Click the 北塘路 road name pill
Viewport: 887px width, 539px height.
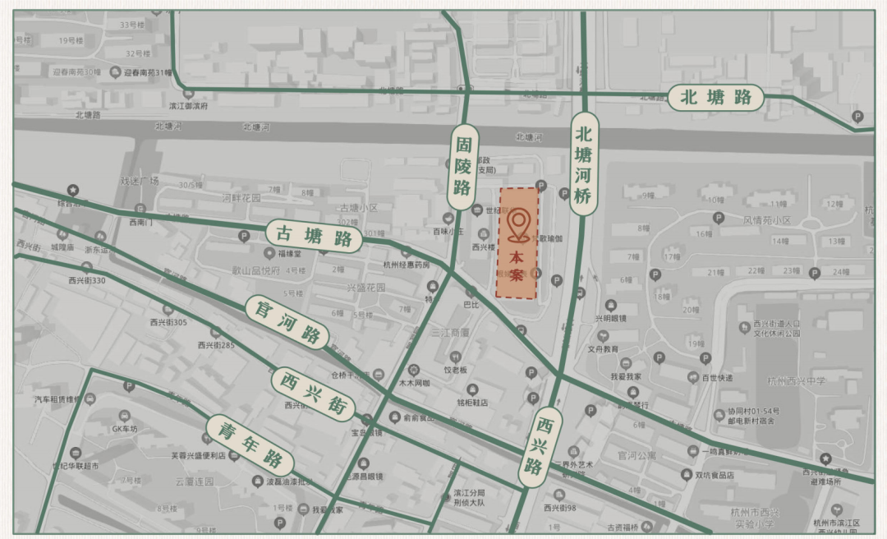(715, 98)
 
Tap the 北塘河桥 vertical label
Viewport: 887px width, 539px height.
(583, 164)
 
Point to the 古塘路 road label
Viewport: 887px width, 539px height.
(314, 236)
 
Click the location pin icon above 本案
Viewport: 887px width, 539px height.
(519, 224)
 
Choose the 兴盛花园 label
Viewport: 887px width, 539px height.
(365, 287)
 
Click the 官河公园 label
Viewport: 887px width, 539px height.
(635, 454)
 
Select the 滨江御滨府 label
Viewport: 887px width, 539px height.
(188, 106)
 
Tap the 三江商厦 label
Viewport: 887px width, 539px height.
(450, 333)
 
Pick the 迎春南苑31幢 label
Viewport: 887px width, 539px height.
(148, 73)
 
